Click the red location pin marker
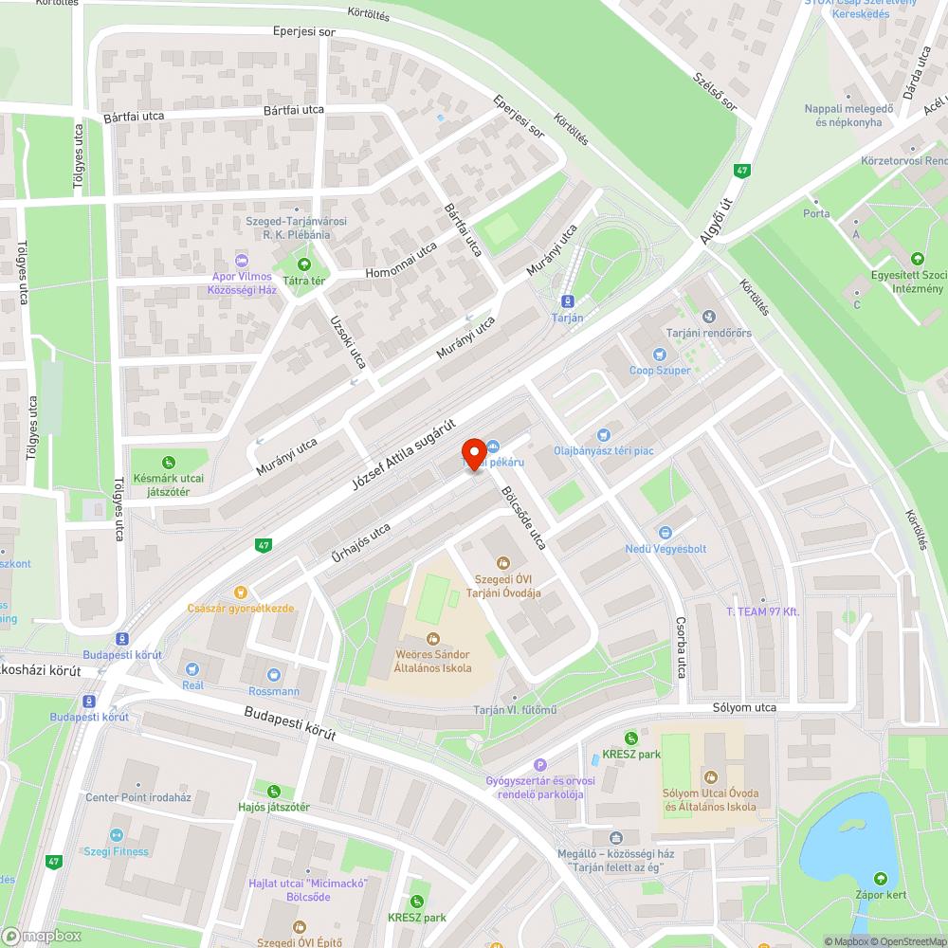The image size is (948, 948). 473,453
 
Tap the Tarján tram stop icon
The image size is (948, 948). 568,301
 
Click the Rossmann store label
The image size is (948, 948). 274,691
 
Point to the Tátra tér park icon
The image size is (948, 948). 304,264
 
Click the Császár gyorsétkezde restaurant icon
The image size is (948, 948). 240,591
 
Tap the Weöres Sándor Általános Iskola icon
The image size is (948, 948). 433,639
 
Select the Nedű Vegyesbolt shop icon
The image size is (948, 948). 665,533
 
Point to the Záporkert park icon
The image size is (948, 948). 882,878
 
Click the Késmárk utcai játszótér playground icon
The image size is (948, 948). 169,463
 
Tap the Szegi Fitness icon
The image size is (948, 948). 116,834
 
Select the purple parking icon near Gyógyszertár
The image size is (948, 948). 540,765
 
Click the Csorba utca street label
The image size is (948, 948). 681,647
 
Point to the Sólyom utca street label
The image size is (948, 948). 744,708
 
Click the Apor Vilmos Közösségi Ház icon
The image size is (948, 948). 242,260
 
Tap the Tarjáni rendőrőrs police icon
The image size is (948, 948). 708,316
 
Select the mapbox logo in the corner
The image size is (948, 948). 43,936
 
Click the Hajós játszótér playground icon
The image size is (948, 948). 274,791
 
